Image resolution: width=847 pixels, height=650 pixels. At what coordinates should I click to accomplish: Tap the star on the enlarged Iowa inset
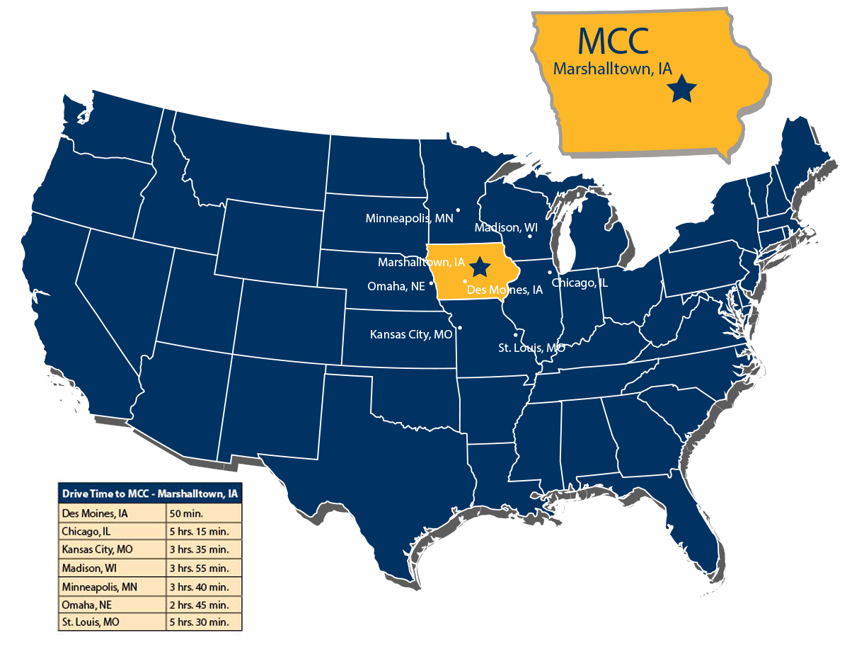point(684,90)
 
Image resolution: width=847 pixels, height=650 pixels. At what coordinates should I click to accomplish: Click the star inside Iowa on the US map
point(480,267)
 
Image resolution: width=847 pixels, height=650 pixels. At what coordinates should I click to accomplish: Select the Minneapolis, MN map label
point(409,219)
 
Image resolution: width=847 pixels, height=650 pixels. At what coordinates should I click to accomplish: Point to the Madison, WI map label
point(506,228)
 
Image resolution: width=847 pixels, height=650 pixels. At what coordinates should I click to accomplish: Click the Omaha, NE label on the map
point(396,287)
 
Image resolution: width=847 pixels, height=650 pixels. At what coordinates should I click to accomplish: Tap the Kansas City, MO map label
point(410,334)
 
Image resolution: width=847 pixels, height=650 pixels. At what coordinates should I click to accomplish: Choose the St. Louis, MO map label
point(531,348)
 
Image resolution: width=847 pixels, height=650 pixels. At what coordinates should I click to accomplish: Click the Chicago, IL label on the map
point(580,283)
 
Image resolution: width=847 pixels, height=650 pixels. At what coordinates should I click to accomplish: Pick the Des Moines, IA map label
point(505,290)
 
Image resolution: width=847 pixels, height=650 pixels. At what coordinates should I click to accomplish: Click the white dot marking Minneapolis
point(459,210)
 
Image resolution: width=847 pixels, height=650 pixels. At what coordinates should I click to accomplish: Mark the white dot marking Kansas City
point(460,327)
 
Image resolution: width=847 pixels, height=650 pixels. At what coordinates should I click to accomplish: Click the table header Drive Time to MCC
point(149,494)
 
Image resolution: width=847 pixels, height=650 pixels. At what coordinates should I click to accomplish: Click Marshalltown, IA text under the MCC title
point(612,69)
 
